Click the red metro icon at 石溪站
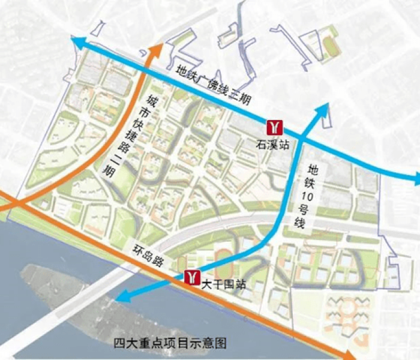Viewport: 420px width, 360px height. (275, 128)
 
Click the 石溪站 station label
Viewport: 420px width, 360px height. (268, 145)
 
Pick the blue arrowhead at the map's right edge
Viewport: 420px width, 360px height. (415, 176)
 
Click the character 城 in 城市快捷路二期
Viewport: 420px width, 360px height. (153, 101)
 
